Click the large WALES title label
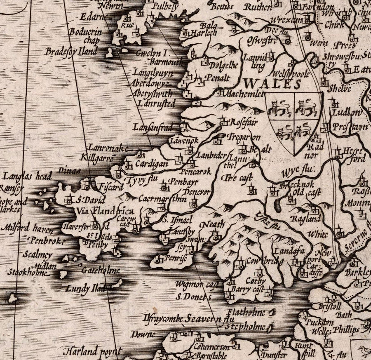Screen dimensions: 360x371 [272, 84]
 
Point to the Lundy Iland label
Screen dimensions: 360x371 [86, 289]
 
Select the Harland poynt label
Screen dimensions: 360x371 [92, 351]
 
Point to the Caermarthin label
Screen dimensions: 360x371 [162, 199]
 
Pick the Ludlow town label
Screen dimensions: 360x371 [347, 113]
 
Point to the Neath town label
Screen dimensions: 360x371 [213, 224]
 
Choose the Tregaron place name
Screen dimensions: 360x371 [244, 137]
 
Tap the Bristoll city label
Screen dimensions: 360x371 [329, 306]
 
